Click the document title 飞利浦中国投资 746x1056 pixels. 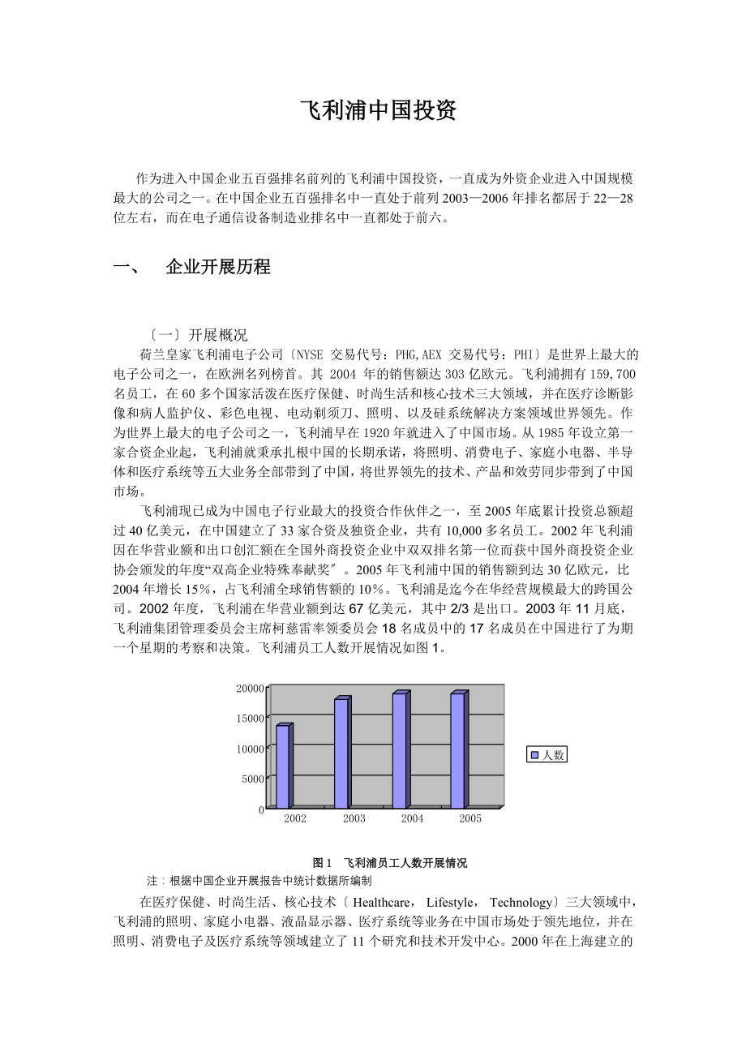(379, 110)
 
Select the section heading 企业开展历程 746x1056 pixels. (217, 267)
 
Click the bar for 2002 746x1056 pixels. (283, 766)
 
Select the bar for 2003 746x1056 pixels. (341, 753)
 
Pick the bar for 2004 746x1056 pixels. (400, 750)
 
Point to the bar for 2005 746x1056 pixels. (458, 750)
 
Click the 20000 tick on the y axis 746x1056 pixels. (251, 689)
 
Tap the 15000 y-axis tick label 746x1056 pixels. (251, 719)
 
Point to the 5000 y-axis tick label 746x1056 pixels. (253, 779)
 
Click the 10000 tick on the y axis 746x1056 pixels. (251, 749)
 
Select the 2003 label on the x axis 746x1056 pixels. (354, 818)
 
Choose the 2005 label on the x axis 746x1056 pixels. (470, 818)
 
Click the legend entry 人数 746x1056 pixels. (547, 755)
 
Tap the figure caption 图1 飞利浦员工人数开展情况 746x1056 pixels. (389, 862)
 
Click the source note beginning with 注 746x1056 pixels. (259, 880)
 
